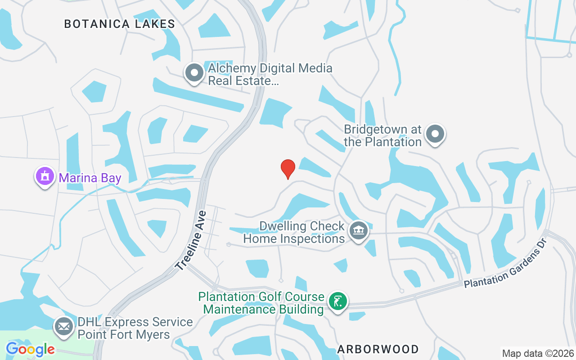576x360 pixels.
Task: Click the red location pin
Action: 288,169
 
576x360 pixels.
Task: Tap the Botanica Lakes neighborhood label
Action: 119,24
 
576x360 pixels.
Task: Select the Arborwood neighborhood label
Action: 378,349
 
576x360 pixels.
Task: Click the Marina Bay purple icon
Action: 45,176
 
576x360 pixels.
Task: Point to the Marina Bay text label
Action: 90,178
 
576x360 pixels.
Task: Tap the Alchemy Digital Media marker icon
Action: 194,72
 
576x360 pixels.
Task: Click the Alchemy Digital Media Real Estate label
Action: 270,75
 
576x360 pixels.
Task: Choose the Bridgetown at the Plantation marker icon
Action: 435,134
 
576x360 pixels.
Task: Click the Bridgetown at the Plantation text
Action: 382,135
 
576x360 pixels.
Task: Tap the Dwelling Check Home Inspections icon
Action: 359,231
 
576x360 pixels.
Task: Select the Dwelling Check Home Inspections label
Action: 294,232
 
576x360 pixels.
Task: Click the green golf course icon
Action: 337,301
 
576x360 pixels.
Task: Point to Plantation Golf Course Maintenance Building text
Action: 261,303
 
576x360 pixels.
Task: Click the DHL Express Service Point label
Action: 135,328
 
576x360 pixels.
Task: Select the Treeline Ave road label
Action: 191,240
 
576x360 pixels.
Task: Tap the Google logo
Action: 30,349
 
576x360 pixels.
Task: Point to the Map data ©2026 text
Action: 538,353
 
